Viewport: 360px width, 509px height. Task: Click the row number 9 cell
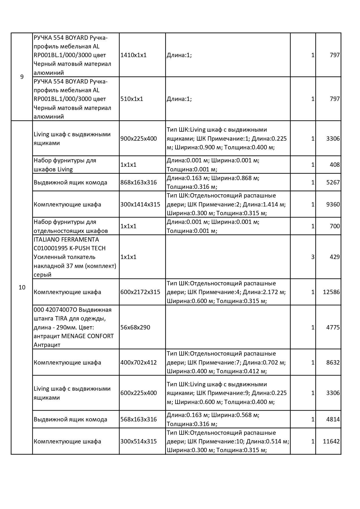[22, 77]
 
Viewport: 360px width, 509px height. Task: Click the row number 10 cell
[22, 287]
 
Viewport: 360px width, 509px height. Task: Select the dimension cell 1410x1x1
[133, 55]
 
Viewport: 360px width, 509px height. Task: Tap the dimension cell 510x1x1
[132, 99]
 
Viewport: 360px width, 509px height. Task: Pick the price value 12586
[331, 292]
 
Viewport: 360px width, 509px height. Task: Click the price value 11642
[331, 441]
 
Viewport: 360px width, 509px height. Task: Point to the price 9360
[333, 204]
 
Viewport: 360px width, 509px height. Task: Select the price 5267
[333, 182]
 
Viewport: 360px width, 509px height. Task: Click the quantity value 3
[313, 257]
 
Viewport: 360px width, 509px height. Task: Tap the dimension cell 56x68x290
[135, 327]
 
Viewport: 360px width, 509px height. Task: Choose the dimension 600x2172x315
[140, 292]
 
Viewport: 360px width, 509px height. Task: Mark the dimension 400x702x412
[138, 363]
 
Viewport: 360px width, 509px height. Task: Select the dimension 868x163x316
[138, 182]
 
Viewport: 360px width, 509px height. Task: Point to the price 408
[334, 165]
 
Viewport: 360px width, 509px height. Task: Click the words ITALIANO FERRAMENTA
[66, 240]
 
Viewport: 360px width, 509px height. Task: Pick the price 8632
[333, 363]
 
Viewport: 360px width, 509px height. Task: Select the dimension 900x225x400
[138, 139]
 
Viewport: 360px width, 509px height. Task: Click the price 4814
[333, 419]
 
